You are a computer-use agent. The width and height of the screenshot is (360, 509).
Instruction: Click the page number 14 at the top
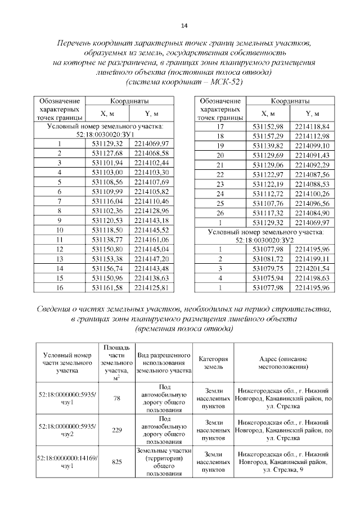pos(183,25)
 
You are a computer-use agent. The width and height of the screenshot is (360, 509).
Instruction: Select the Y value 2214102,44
pos(152,163)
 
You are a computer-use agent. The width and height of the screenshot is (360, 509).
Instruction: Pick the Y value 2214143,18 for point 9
pos(152,220)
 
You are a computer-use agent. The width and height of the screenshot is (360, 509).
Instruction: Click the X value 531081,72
pos(268,259)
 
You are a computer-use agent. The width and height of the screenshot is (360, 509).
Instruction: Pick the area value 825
pos(117,462)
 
